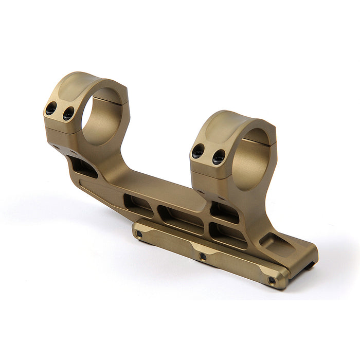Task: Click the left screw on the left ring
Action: (x=51, y=109)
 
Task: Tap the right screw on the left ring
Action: (x=68, y=114)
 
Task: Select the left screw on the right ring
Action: (x=199, y=151)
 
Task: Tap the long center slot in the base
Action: (x=180, y=216)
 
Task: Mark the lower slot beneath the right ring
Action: (x=227, y=234)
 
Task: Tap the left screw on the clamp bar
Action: (x=138, y=235)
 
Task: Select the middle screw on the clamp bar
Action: (x=203, y=256)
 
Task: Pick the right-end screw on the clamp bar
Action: (x=272, y=280)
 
